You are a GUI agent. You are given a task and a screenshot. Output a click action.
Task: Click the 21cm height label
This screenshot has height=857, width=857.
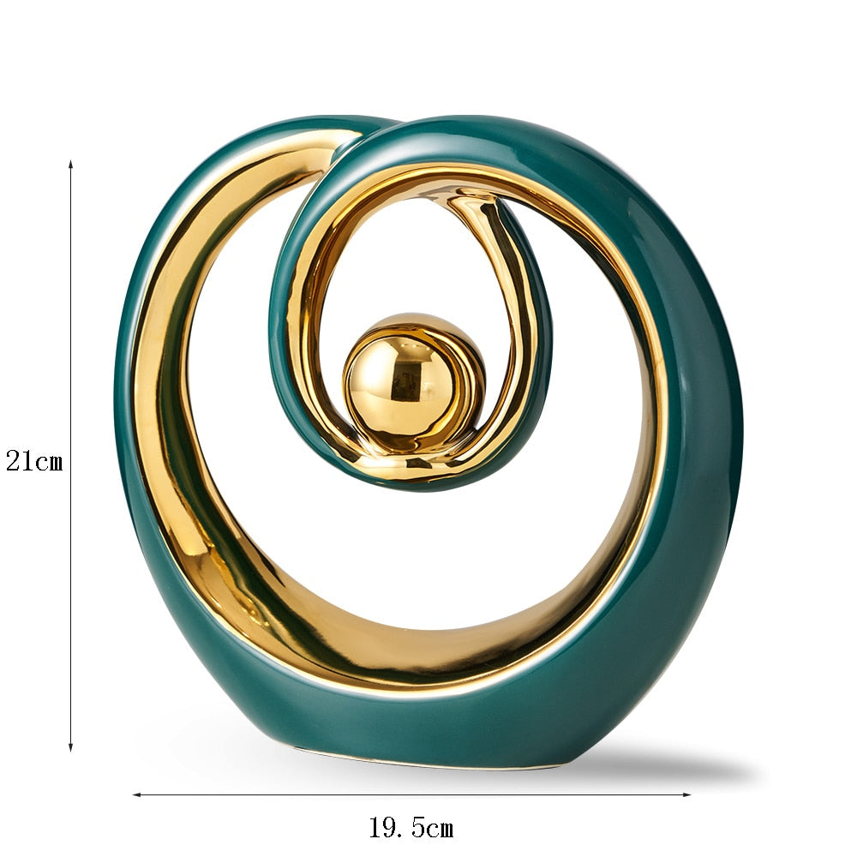point(34,461)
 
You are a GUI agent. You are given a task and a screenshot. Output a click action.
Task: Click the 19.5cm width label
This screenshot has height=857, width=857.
point(411,828)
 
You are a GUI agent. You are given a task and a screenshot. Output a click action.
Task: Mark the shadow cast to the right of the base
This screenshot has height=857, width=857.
point(668,767)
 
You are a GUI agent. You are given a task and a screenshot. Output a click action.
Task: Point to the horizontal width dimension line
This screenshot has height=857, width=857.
point(514,794)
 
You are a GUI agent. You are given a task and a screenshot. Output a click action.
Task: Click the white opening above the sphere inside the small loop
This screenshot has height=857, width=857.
point(411,257)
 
